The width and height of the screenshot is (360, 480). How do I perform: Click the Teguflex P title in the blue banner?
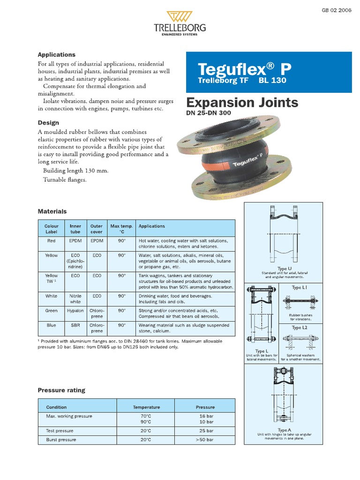click(x=244, y=69)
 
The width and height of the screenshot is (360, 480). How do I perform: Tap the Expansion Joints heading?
click(x=242, y=103)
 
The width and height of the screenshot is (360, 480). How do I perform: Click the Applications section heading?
click(x=56, y=55)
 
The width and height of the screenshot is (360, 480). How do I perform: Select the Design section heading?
click(x=48, y=123)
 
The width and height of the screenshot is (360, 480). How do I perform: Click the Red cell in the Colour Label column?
click(x=52, y=241)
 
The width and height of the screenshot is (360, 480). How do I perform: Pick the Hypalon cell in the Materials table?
click(x=75, y=311)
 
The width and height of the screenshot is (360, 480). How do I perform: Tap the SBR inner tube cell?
click(x=75, y=325)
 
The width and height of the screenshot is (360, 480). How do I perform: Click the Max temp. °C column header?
click(x=122, y=229)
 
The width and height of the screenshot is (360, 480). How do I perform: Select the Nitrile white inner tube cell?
click(x=75, y=299)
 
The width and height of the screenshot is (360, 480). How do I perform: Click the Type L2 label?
click(x=300, y=328)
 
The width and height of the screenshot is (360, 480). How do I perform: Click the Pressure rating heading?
click(x=61, y=390)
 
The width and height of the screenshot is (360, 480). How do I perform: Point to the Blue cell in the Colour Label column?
click(x=52, y=325)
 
